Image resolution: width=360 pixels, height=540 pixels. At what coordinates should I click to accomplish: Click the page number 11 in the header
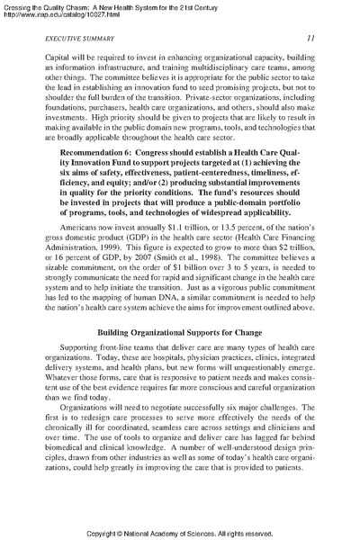point(308,39)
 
